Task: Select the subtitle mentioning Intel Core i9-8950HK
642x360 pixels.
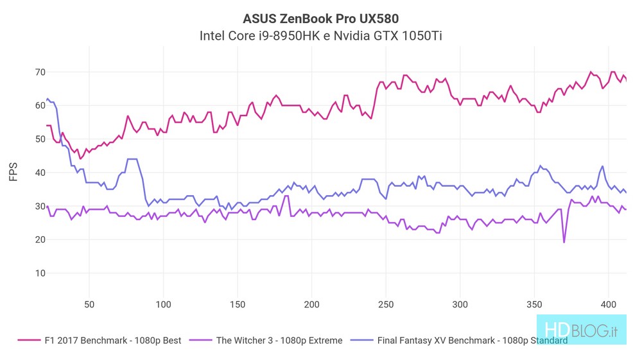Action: pyautogui.click(x=321, y=35)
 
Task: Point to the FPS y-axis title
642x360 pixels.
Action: pyautogui.click(x=13, y=171)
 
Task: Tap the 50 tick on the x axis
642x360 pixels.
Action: pyautogui.click(x=89, y=304)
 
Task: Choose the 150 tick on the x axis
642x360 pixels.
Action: pyautogui.click(x=238, y=304)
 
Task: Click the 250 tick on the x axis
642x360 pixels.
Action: pyautogui.click(x=386, y=304)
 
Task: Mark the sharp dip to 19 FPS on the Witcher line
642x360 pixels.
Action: pyautogui.click(x=564, y=242)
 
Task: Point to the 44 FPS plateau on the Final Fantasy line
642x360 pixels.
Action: pyautogui.click(x=132, y=159)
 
